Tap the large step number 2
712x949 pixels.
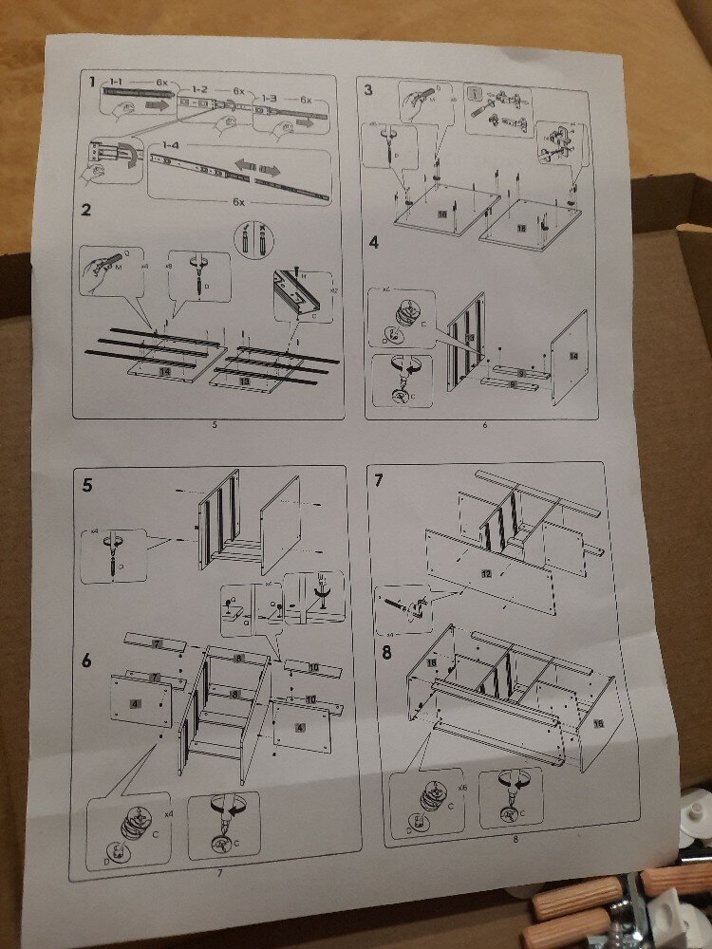coord(86,210)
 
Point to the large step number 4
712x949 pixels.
coord(374,242)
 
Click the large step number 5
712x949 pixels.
coord(87,487)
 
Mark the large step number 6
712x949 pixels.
coord(86,659)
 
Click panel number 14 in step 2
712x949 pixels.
coord(165,373)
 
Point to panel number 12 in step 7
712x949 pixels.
coord(487,574)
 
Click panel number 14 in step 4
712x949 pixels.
coord(572,355)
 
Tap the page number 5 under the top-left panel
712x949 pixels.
coord(215,424)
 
